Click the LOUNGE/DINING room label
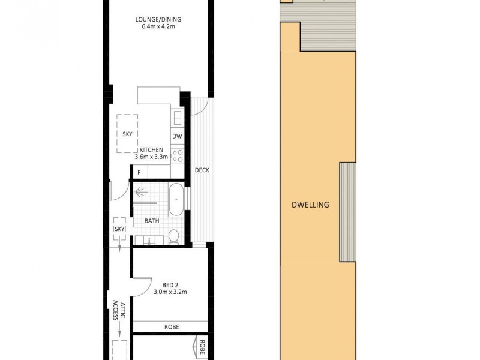[158, 19]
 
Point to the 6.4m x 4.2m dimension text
[158, 26]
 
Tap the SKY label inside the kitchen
[127, 134]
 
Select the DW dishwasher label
[177, 137]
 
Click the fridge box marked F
[139, 173]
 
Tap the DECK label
[202, 170]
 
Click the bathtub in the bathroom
[176, 200]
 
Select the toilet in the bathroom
[173, 236]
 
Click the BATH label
[152, 221]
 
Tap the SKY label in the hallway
[119, 229]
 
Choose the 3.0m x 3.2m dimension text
[171, 292]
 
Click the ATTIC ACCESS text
[118, 311]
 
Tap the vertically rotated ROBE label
[203, 348]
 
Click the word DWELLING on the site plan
[310, 205]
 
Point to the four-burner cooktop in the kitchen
[178, 156]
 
